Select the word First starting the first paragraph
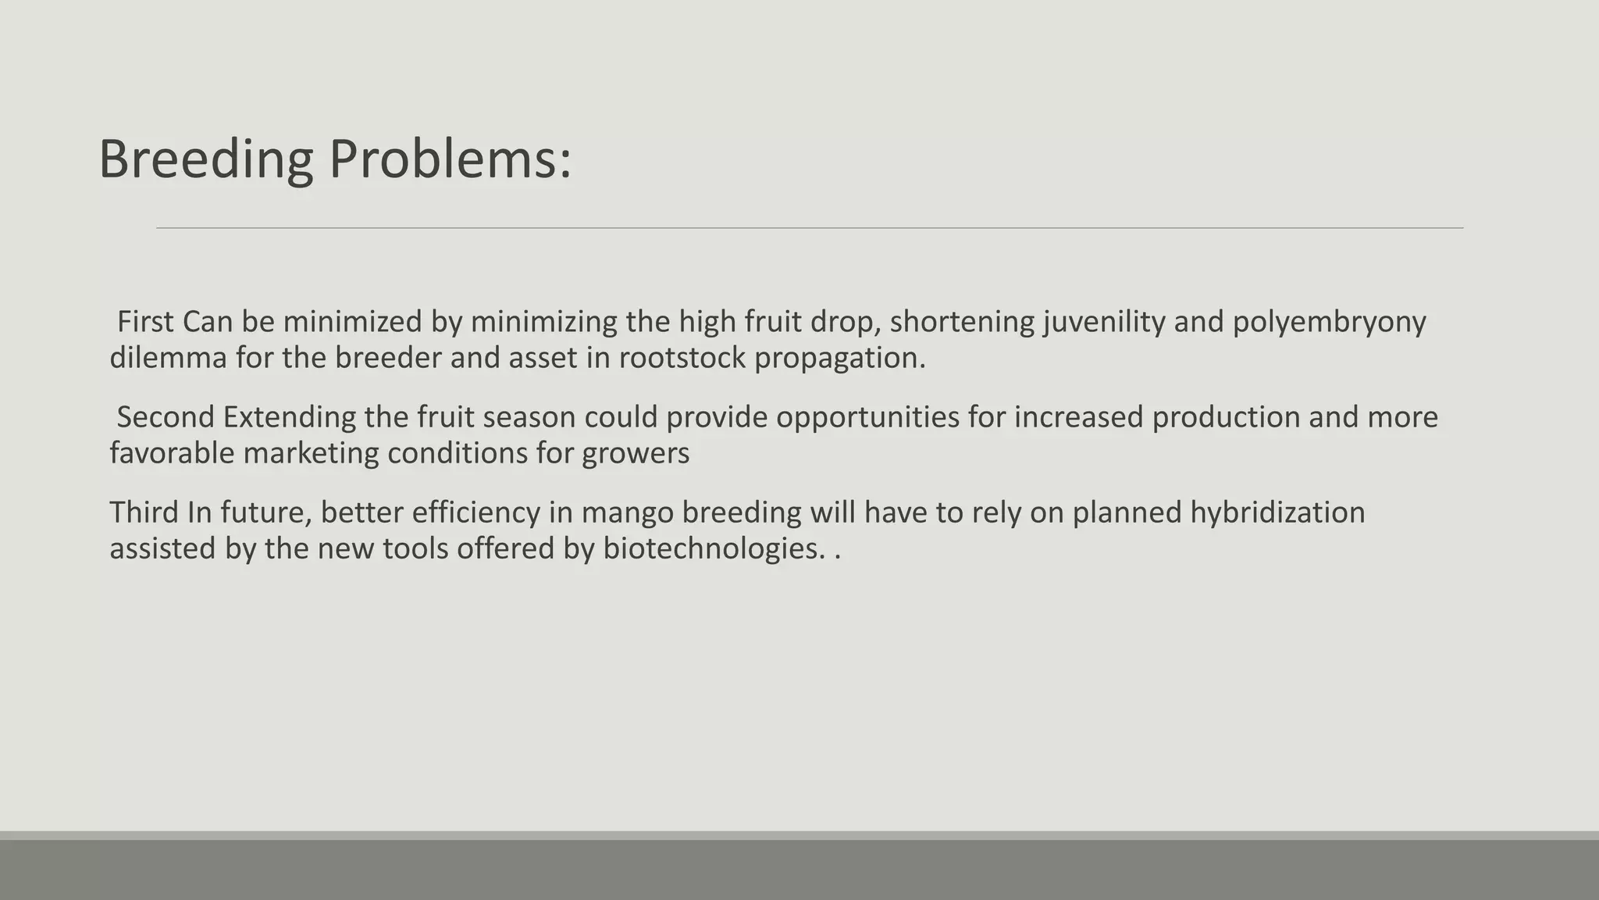pyautogui.click(x=145, y=322)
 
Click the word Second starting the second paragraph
pyautogui.click(x=166, y=417)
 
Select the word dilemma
pyautogui.click(x=168, y=358)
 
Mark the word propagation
pyautogui.click(x=839, y=358)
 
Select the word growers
pyautogui.click(x=636, y=453)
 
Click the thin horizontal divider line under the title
pyautogui.click(x=810, y=228)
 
